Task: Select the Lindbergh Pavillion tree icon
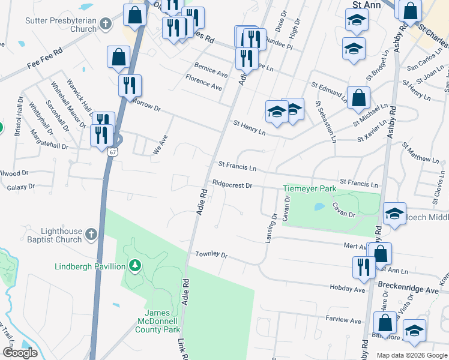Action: coord(136,266)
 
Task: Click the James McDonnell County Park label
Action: coord(162,321)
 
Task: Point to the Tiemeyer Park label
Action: coord(309,189)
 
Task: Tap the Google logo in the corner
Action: coord(20,352)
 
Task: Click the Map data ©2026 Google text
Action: coord(412,355)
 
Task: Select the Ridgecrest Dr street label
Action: coord(231,185)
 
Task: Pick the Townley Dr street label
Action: coord(211,255)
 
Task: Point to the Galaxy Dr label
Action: coord(21,187)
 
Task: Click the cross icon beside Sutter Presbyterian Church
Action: coord(106,25)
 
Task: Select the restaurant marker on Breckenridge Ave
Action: coord(363,267)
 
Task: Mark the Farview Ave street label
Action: coord(344,320)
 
